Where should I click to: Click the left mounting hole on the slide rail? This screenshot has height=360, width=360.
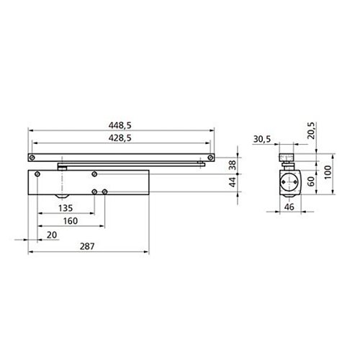pos(31,157)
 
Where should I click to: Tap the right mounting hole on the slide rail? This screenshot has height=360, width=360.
pos(210,157)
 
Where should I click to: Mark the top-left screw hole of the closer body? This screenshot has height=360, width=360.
pos(94,174)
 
